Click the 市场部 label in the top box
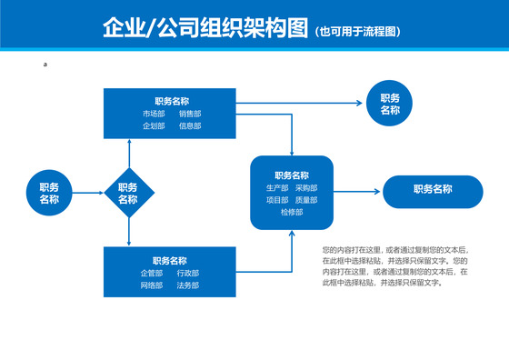coord(154,114)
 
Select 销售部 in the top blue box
coord(190,114)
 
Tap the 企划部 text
coord(154,126)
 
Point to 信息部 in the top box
coord(190,126)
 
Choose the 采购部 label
coord(306,188)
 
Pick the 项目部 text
coord(276,200)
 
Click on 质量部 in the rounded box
coord(306,200)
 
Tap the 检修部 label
coord(292,212)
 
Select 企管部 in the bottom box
coord(151,274)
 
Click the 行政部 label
coord(188,274)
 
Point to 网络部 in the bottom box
coord(151,286)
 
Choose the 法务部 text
coord(188,286)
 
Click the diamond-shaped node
coord(128,194)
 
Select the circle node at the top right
coord(390,104)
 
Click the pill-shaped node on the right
coord(433,190)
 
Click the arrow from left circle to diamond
coord(88,194)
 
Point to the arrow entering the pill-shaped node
coord(358,191)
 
